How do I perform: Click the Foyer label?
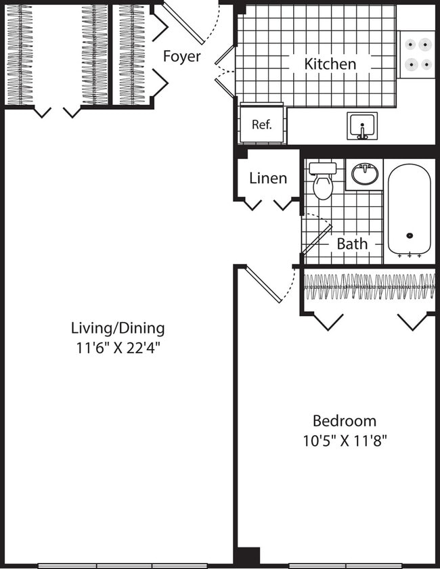click(x=181, y=56)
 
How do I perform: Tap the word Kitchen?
click(x=330, y=64)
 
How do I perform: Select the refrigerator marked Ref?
click(x=262, y=124)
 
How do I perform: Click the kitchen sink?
click(x=362, y=126)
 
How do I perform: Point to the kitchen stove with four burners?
click(x=416, y=54)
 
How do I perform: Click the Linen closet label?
click(x=268, y=179)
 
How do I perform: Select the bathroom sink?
click(x=365, y=175)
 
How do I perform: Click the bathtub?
click(x=409, y=210)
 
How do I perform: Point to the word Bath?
click(x=352, y=244)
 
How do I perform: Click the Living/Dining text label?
click(x=118, y=329)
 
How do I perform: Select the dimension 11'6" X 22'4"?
click(x=118, y=349)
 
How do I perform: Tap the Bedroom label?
click(x=344, y=420)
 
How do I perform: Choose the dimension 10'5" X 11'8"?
click(x=345, y=441)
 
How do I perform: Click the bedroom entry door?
click(x=263, y=285)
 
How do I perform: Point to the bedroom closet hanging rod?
click(x=369, y=286)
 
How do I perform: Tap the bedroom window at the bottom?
click(x=345, y=565)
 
